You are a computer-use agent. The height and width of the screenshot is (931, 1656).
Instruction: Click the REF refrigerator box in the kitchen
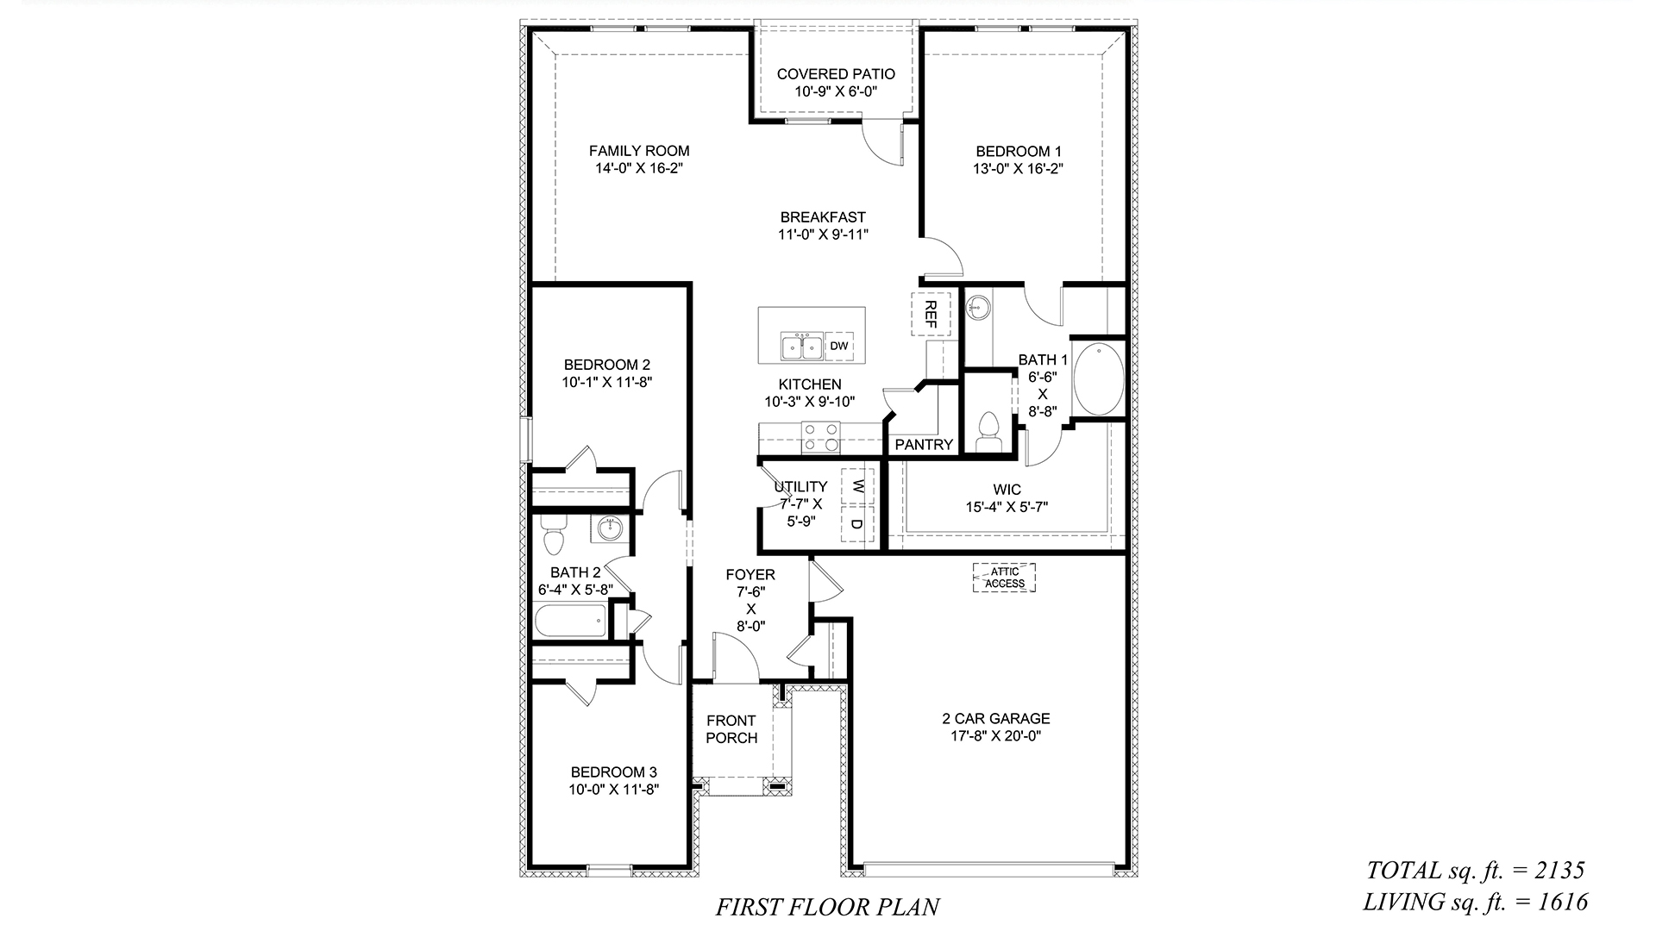tap(930, 314)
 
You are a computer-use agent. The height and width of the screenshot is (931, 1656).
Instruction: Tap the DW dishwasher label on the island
tap(839, 347)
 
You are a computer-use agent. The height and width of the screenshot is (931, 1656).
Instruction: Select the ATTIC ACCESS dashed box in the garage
tap(1005, 578)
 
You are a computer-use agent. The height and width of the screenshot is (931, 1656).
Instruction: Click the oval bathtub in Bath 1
tap(1097, 378)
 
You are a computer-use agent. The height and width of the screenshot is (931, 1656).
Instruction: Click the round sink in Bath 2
tap(610, 528)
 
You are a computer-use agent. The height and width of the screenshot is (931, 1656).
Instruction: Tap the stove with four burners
tap(821, 437)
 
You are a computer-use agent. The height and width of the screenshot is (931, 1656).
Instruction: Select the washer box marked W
tap(857, 486)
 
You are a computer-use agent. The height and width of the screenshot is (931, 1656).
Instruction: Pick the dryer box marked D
tap(857, 524)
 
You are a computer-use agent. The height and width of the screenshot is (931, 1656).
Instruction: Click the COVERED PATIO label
tap(836, 74)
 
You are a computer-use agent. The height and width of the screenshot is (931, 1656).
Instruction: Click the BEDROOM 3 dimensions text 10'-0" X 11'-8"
tap(613, 790)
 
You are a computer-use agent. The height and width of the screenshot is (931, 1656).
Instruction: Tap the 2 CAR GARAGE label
tap(995, 718)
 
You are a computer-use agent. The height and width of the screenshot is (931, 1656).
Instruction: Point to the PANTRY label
tap(924, 445)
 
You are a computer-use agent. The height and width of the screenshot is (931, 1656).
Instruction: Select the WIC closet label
tap(1007, 490)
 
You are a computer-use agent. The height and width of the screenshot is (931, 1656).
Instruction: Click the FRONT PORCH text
tap(731, 729)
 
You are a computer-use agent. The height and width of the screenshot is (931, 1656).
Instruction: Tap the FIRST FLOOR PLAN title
tap(827, 907)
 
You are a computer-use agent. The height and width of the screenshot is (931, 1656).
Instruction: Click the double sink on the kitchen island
tap(801, 347)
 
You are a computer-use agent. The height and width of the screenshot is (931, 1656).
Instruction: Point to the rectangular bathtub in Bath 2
tap(570, 621)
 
